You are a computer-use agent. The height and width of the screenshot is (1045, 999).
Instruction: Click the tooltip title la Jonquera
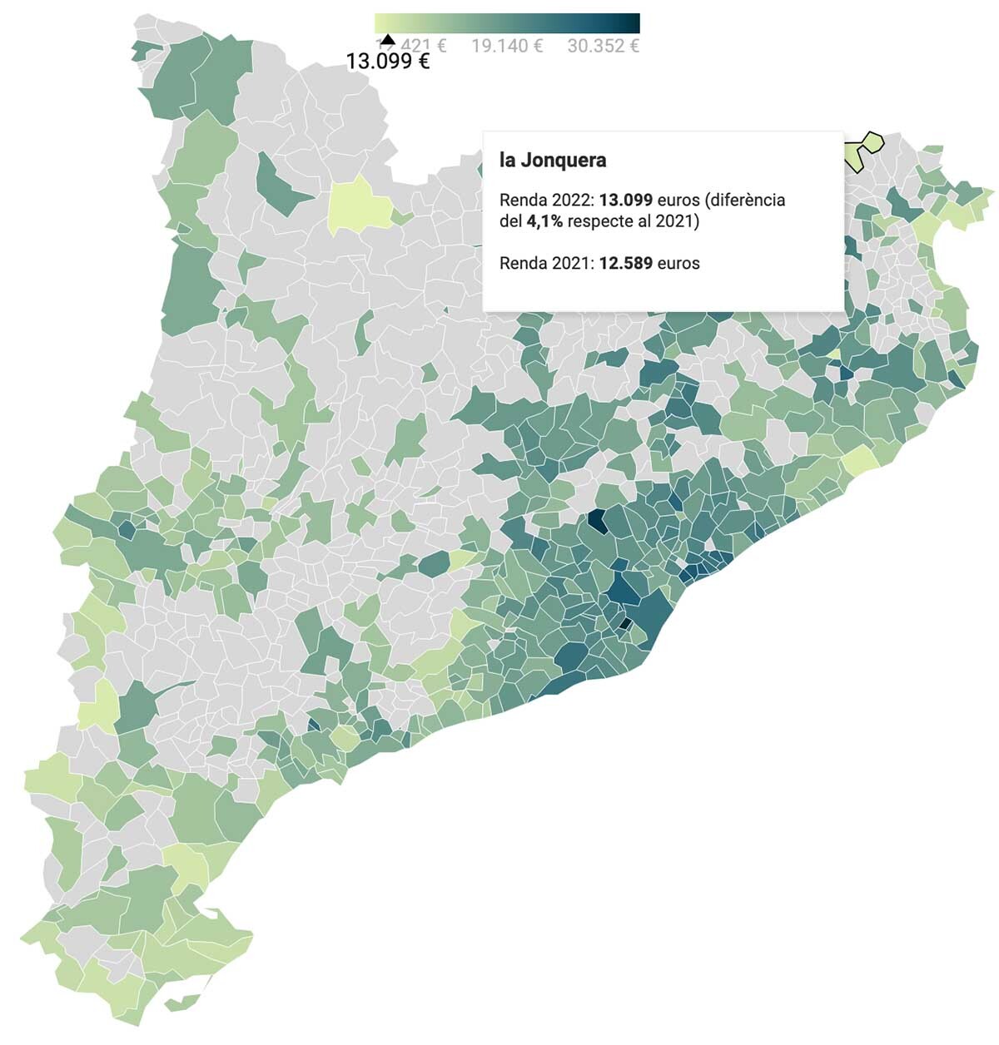(x=553, y=160)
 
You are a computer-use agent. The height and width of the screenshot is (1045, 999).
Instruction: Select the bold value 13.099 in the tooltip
(x=625, y=201)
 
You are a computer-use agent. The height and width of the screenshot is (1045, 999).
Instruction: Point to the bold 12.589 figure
(x=625, y=264)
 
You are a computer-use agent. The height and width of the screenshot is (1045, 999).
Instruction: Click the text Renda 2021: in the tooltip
(x=546, y=264)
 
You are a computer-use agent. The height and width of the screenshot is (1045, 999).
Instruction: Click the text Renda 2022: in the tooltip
(x=546, y=201)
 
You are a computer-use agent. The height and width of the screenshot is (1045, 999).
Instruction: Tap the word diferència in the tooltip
(x=747, y=201)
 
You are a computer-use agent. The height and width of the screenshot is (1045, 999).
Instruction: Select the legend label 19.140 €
(x=507, y=46)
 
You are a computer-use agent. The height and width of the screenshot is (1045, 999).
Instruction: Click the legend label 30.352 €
(x=603, y=46)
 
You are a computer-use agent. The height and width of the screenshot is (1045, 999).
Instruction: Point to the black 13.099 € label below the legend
(x=388, y=62)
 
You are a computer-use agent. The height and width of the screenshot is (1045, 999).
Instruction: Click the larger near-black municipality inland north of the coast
(x=597, y=521)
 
